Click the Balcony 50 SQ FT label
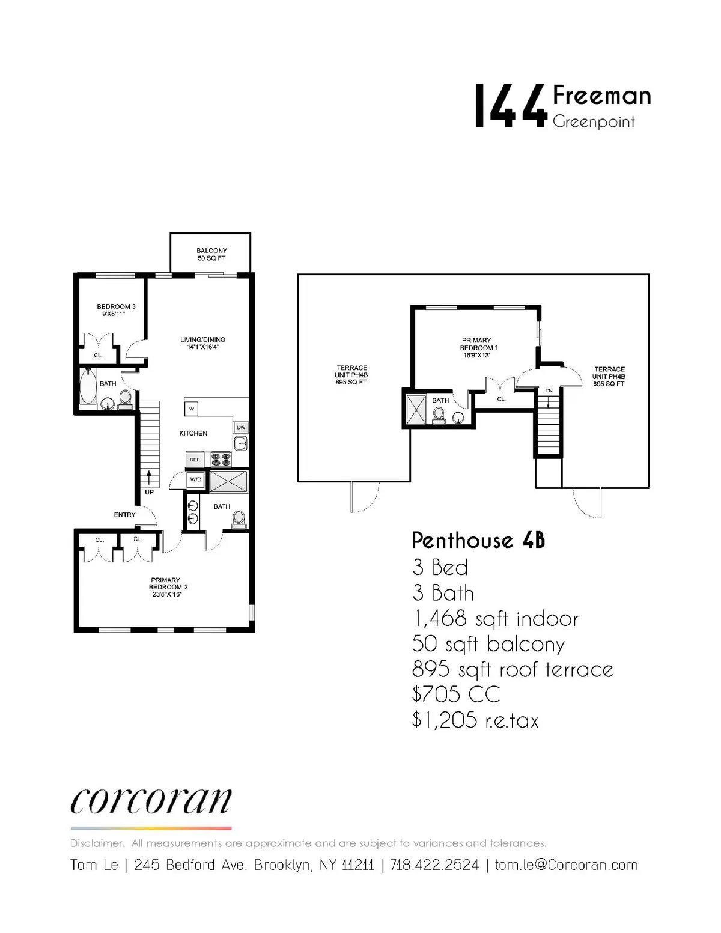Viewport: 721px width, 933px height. (x=211, y=254)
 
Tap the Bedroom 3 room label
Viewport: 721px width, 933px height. (x=116, y=309)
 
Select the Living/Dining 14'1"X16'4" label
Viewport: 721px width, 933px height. (x=202, y=343)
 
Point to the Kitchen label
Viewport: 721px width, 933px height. (x=193, y=433)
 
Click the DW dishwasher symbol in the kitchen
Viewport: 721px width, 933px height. (x=241, y=428)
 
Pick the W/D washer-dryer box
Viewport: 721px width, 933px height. (x=195, y=480)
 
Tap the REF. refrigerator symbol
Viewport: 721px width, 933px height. (x=195, y=460)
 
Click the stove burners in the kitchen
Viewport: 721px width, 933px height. (x=221, y=460)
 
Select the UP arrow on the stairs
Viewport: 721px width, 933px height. (x=149, y=481)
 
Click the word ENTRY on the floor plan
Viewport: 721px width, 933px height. (x=125, y=515)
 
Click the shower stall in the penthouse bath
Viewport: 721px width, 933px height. (x=415, y=409)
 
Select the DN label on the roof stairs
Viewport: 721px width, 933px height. (x=549, y=391)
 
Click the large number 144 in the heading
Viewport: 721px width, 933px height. (x=510, y=106)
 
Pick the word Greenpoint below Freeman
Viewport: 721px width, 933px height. (x=593, y=122)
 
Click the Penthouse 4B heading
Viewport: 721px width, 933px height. (x=478, y=541)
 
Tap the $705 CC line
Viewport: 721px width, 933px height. (x=456, y=694)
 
